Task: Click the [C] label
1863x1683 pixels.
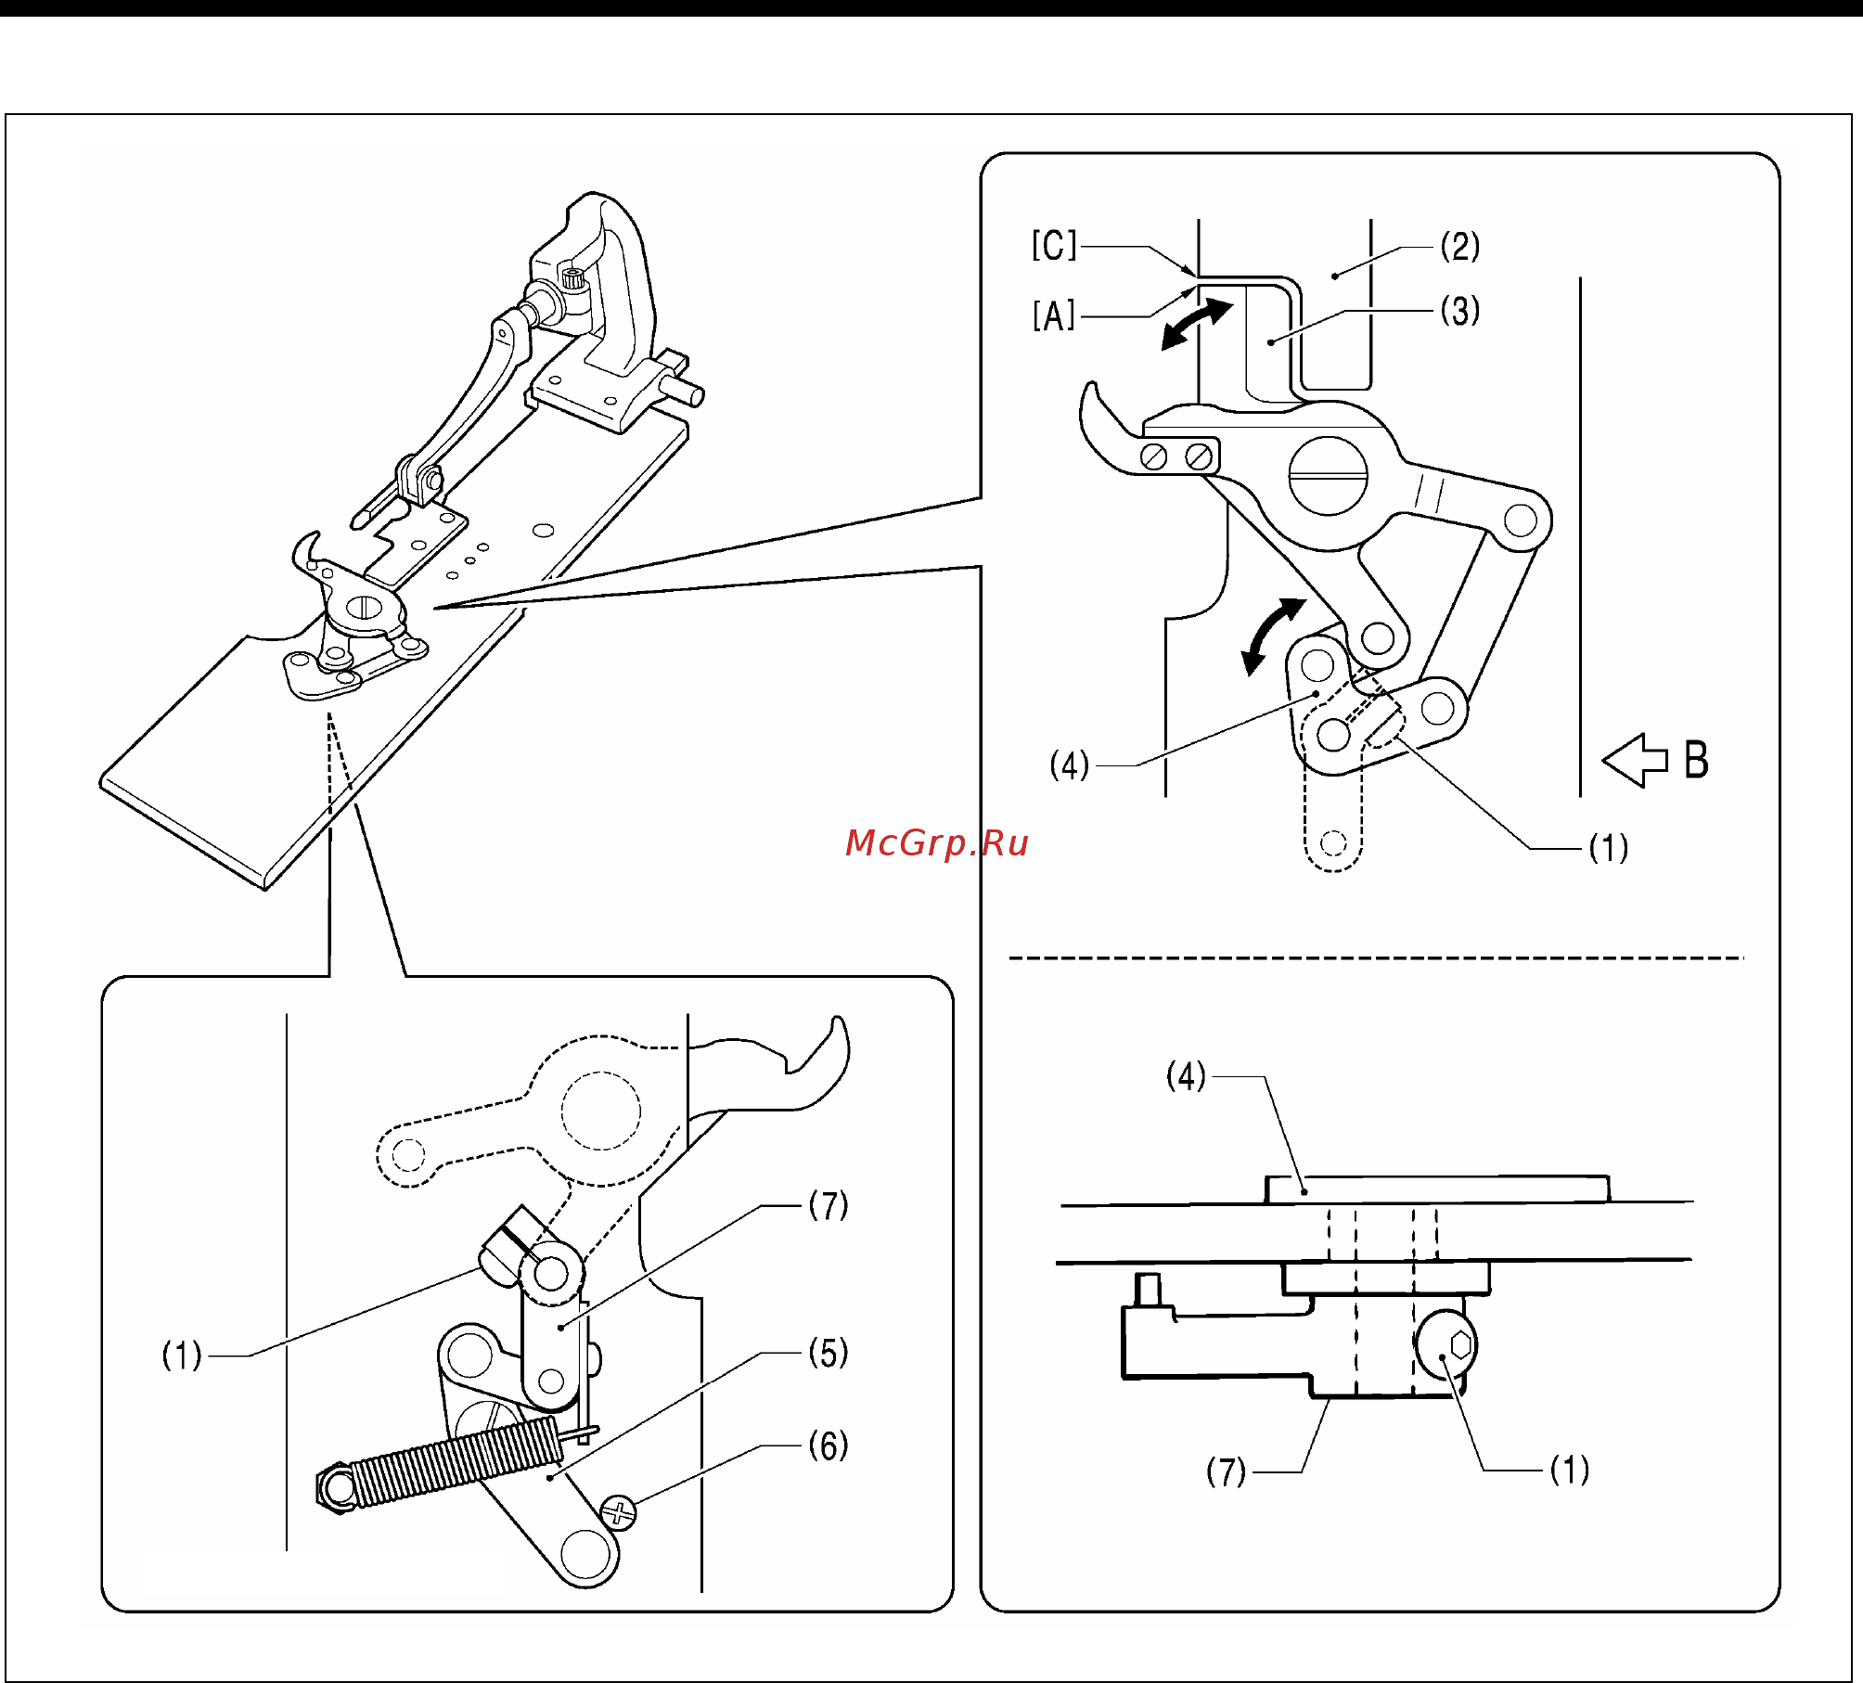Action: [1054, 246]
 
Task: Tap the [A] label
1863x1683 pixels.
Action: [1054, 316]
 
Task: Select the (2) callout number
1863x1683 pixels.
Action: [1459, 247]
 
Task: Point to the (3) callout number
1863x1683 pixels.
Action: [1459, 311]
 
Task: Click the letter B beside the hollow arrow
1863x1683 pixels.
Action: [1696, 760]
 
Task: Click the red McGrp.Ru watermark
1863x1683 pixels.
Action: [937, 843]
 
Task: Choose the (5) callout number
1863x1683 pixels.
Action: [829, 1353]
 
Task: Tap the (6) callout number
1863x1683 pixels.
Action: [829, 1445]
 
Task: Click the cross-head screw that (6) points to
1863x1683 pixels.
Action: [619, 1513]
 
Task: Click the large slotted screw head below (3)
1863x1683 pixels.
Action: [1328, 476]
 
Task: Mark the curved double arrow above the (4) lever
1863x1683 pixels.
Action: [1272, 636]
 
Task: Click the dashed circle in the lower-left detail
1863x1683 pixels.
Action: [601, 1111]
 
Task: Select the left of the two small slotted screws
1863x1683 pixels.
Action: [1154, 456]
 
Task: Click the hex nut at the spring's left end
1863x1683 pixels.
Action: [336, 1489]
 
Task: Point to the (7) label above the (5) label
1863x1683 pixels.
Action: [829, 1205]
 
